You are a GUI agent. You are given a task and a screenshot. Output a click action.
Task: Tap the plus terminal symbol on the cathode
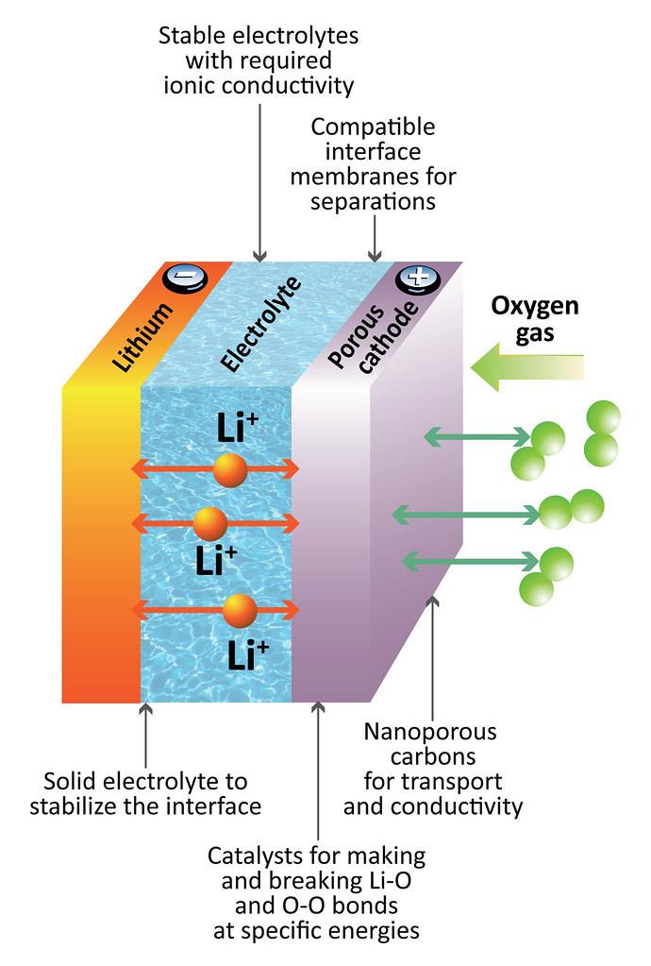tap(419, 280)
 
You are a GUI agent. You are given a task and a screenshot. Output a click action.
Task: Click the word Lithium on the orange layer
tap(142, 336)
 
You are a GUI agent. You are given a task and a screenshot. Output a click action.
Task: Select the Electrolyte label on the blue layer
tap(261, 324)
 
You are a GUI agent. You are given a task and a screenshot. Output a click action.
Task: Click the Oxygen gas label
tap(535, 319)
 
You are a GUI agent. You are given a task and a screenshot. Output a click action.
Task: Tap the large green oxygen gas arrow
tap(527, 367)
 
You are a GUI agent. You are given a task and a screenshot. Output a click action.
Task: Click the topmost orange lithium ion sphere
tap(230, 470)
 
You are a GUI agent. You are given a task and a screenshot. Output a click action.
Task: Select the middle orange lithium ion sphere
tap(209, 524)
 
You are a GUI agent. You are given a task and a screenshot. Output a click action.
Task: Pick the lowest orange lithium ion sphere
tap(240, 611)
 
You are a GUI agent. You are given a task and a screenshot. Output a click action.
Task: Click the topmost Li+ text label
tap(238, 428)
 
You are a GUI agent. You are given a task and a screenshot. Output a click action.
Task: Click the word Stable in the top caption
tap(187, 35)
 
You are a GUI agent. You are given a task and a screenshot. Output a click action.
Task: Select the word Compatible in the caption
tap(373, 127)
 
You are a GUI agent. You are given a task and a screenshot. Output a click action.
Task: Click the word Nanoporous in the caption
tap(430, 731)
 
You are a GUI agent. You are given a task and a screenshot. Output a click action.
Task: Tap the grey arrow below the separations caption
tap(375, 238)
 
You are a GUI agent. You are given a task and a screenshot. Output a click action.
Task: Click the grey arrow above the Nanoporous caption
tap(433, 656)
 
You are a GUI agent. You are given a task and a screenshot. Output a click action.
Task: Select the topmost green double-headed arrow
tap(478, 437)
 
